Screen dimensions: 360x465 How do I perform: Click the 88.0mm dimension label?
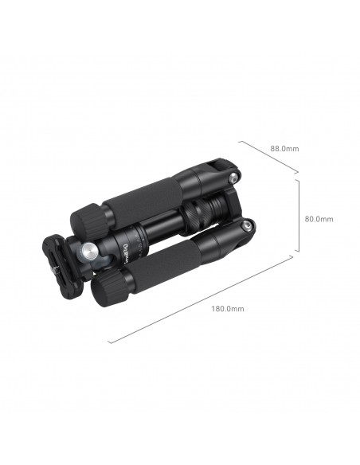tap(284, 148)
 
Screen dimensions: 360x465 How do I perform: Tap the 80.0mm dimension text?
tap(319, 219)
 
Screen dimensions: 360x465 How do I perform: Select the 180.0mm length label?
tap(228, 309)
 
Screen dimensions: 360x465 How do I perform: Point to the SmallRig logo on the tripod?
tap(125, 253)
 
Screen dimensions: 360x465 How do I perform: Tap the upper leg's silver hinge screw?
tap(233, 178)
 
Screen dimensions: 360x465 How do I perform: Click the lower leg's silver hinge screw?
tap(247, 227)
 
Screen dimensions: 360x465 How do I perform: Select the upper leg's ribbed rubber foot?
tap(88, 220)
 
